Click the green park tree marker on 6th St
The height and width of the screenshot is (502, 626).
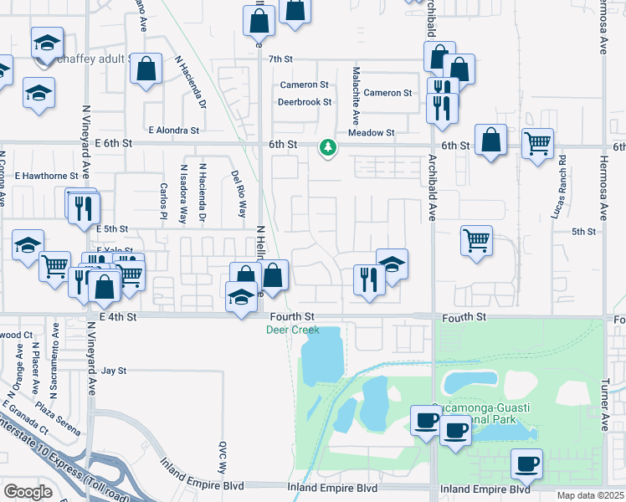(328, 148)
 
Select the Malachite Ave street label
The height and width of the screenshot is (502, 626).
(356, 93)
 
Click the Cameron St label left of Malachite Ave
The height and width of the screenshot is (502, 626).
(304, 85)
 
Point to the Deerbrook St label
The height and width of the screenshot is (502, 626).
(305, 102)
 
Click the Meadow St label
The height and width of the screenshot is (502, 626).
(371, 133)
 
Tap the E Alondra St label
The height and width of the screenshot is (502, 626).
(173, 131)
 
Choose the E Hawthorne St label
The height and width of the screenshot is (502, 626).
(39, 176)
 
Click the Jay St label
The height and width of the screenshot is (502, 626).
(113, 370)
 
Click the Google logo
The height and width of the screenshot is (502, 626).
(28, 491)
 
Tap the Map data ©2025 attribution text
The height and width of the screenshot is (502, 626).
(590, 495)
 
